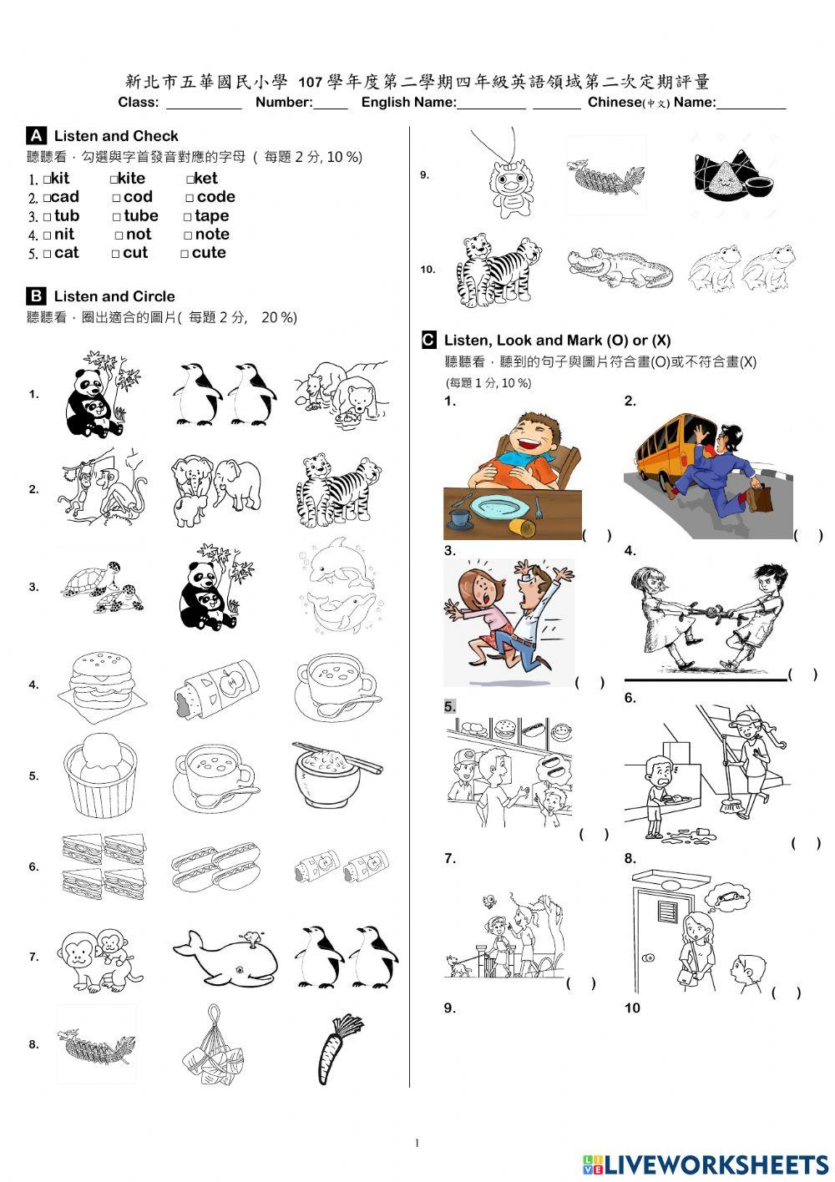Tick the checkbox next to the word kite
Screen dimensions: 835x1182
point(114,180)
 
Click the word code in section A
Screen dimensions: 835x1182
point(216,197)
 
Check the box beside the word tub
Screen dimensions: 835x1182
point(48,216)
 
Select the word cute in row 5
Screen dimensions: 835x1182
point(209,253)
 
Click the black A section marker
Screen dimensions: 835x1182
point(36,135)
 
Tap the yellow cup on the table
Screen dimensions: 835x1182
point(520,526)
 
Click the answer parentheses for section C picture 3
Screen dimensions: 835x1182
point(590,683)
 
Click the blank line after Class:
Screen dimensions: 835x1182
point(204,109)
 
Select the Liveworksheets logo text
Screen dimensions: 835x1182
point(706,1165)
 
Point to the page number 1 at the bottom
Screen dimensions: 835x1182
point(417,1143)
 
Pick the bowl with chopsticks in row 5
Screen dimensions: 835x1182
point(337,774)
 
